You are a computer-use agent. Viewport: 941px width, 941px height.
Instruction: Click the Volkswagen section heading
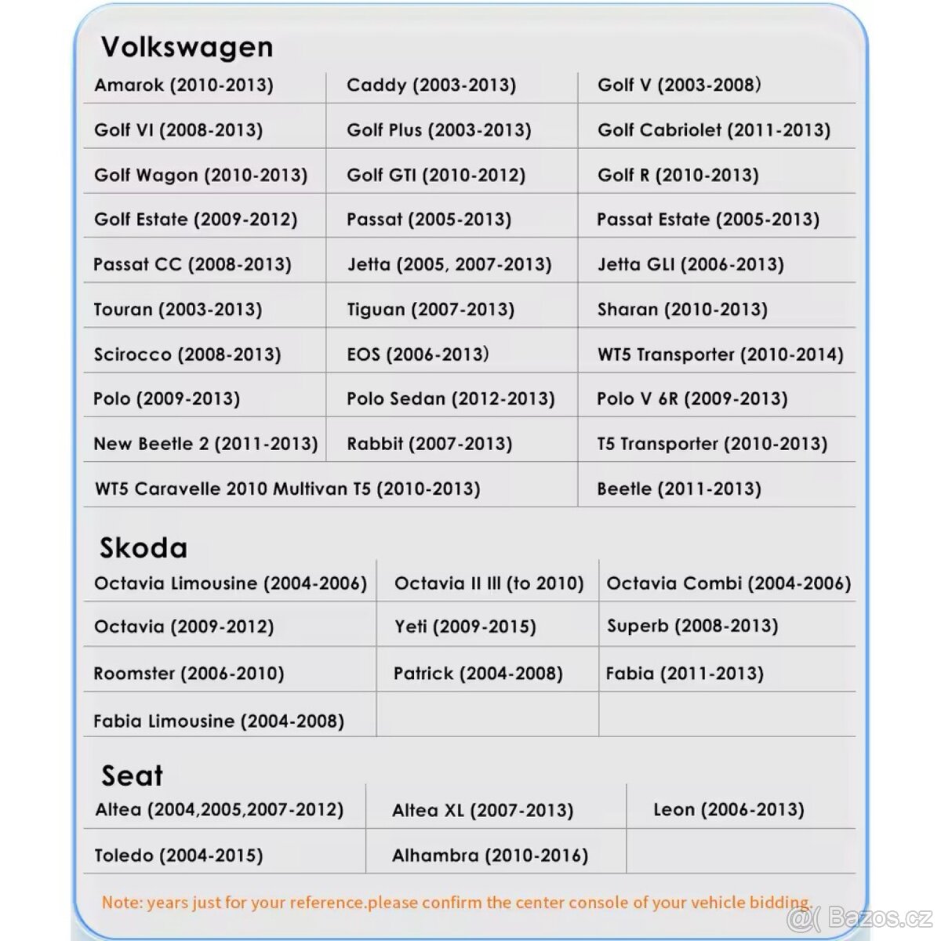187,47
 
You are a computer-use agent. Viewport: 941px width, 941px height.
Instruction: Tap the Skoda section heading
144,547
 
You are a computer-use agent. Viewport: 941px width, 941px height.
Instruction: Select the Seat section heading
132,776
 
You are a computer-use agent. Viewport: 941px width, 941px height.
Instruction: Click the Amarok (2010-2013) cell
183,85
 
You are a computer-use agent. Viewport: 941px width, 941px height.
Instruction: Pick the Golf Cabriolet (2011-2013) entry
714,130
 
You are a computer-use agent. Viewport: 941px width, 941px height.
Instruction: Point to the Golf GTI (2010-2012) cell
436,175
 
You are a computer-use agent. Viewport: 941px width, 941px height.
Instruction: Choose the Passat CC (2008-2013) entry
192,264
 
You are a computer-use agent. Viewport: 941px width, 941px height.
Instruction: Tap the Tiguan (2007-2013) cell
431,309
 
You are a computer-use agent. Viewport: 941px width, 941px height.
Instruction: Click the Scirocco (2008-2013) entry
187,354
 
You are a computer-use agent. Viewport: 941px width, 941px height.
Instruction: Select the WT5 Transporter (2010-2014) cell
720,354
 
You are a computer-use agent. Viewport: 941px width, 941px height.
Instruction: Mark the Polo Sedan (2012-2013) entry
450,399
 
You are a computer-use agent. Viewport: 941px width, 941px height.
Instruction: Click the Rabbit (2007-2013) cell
429,444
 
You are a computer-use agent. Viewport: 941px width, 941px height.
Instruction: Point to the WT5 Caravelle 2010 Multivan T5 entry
287,489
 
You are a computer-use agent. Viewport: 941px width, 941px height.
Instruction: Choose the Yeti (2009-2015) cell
465,627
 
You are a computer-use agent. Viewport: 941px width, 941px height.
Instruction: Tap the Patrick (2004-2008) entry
478,673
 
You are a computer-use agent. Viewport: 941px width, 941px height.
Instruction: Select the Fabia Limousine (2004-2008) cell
219,721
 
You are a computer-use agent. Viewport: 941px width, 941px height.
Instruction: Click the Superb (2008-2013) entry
692,626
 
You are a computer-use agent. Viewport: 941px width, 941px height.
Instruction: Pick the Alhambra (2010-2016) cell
490,855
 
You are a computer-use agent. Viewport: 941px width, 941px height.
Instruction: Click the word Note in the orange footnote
120,903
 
